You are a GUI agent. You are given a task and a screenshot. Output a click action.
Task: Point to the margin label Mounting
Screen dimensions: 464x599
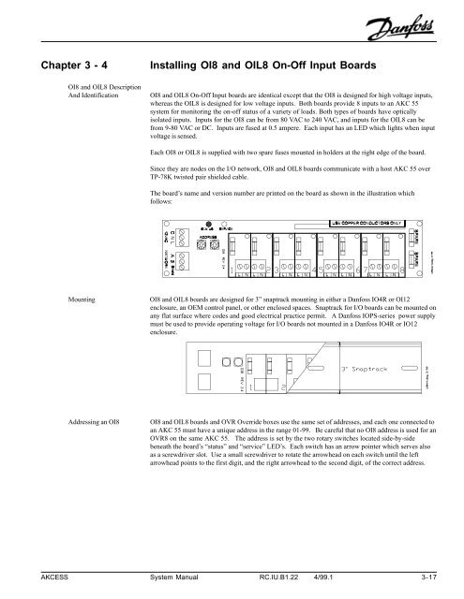(x=58, y=300)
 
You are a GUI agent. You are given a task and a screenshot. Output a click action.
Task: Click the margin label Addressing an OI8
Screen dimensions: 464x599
(x=69, y=422)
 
